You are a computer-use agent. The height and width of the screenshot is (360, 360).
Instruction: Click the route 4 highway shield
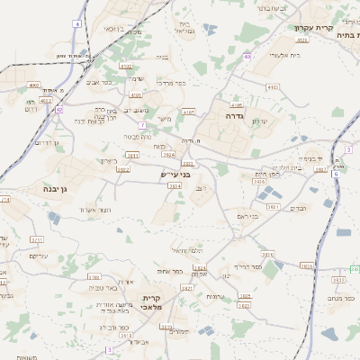click(x=78, y=23)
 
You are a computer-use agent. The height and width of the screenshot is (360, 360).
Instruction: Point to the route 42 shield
click(x=58, y=108)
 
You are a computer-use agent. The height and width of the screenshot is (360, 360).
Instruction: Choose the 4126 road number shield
click(x=302, y=40)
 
